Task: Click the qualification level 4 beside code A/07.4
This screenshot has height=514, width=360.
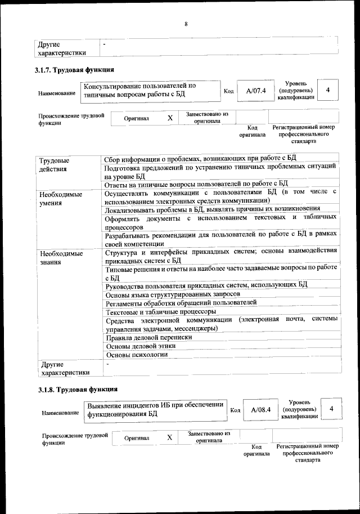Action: click(328, 90)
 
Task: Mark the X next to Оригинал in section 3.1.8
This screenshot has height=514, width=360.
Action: click(169, 437)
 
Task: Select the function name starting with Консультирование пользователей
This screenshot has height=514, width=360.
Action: click(141, 91)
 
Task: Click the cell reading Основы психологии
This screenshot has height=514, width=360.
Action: click(137, 355)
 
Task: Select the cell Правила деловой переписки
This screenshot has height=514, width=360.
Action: click(149, 337)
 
